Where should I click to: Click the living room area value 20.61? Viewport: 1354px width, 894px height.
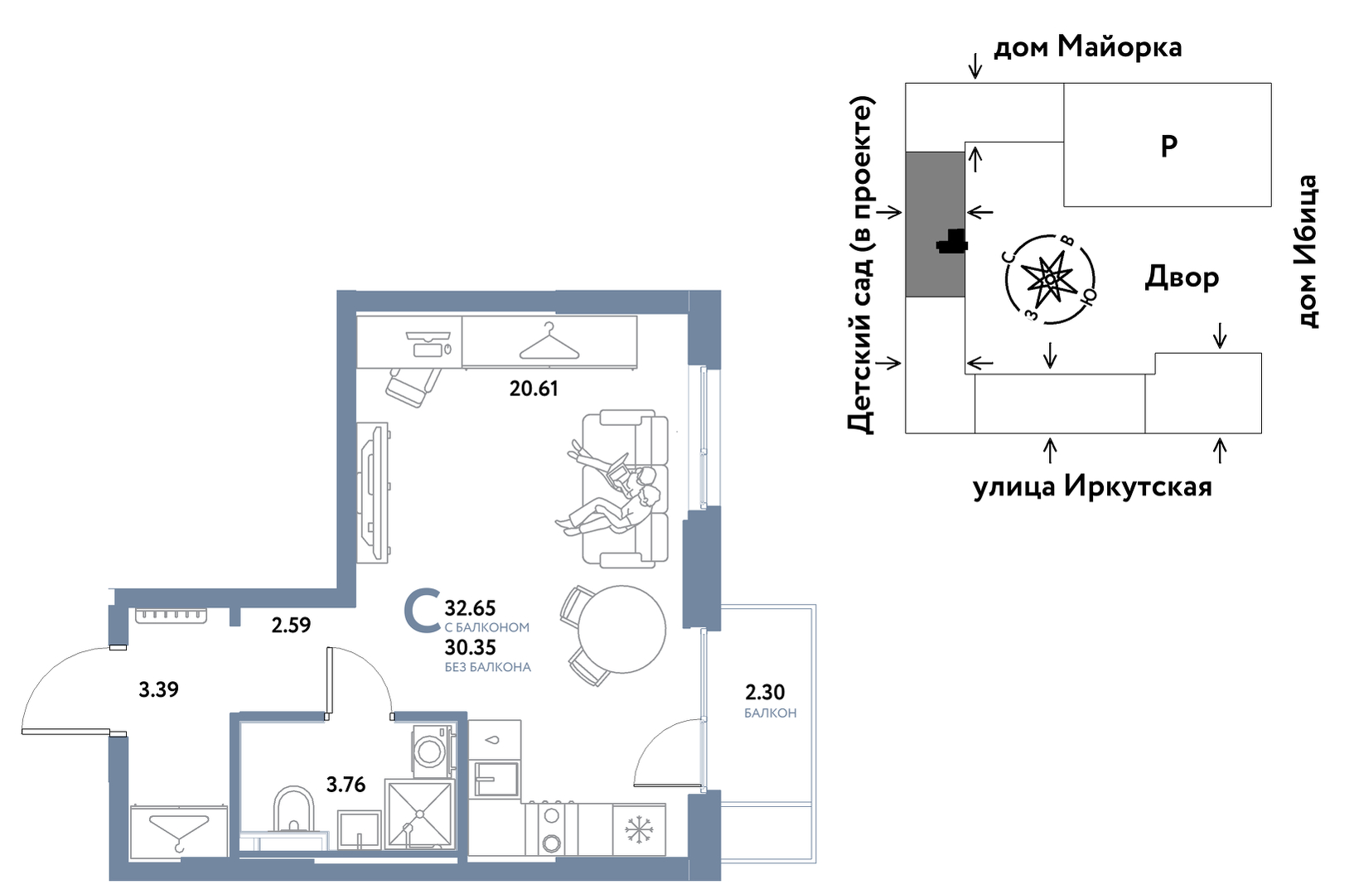coord(533,389)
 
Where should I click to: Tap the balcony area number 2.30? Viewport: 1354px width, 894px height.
coord(765,692)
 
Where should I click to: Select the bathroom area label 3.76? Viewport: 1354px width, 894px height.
coord(346,785)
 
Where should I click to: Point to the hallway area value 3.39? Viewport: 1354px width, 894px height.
coord(158,689)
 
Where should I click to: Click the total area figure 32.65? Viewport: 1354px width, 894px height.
coord(471,607)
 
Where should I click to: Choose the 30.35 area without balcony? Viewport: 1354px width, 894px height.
coord(471,647)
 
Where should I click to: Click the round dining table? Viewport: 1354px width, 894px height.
coord(621,629)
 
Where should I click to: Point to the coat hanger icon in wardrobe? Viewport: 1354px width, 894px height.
coord(549,341)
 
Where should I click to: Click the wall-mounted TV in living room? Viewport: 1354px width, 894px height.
coord(374,493)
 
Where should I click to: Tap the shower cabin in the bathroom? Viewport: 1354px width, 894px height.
coord(419,814)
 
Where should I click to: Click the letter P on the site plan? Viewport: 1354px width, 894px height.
coord(1169,146)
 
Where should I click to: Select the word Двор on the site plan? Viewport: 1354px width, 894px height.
coord(1182,278)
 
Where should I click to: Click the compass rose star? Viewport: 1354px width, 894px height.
coord(1050,279)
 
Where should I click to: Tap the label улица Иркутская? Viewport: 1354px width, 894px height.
coord(1092,486)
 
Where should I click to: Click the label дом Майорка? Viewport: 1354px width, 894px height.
coord(1088,47)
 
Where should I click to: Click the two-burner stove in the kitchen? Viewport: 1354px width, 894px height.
coord(551,829)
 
